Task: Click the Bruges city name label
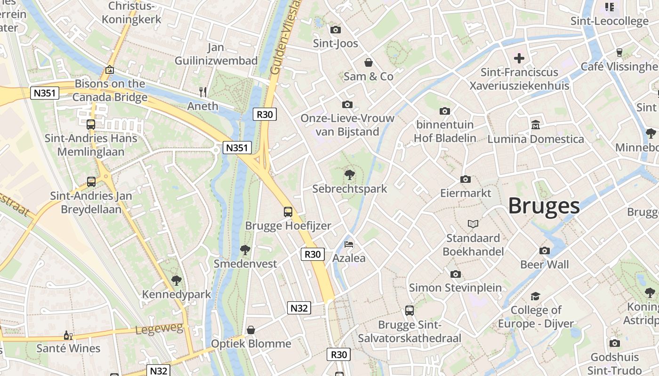coord(544,206)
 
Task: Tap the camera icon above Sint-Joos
coord(336,30)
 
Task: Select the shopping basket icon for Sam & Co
coord(369,63)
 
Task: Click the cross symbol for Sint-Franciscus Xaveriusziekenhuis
coord(519,58)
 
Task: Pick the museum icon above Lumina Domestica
coord(535,125)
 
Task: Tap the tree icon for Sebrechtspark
coord(349,175)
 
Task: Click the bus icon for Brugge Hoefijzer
coord(288,212)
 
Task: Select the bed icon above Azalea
coord(349,244)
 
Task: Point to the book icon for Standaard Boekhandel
coord(473,224)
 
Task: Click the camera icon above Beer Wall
coord(545,251)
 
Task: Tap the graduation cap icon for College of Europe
coord(536,296)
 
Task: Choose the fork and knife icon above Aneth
coord(203,92)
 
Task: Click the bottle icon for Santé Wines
coord(68,335)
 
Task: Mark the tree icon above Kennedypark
coord(177,281)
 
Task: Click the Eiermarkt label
coord(466,193)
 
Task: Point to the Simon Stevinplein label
coord(455,288)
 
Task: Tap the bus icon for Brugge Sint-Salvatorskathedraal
coord(410,310)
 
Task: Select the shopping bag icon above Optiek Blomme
coord(251,330)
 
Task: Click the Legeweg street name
coord(159,329)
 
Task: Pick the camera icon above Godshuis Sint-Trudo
coord(614,343)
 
